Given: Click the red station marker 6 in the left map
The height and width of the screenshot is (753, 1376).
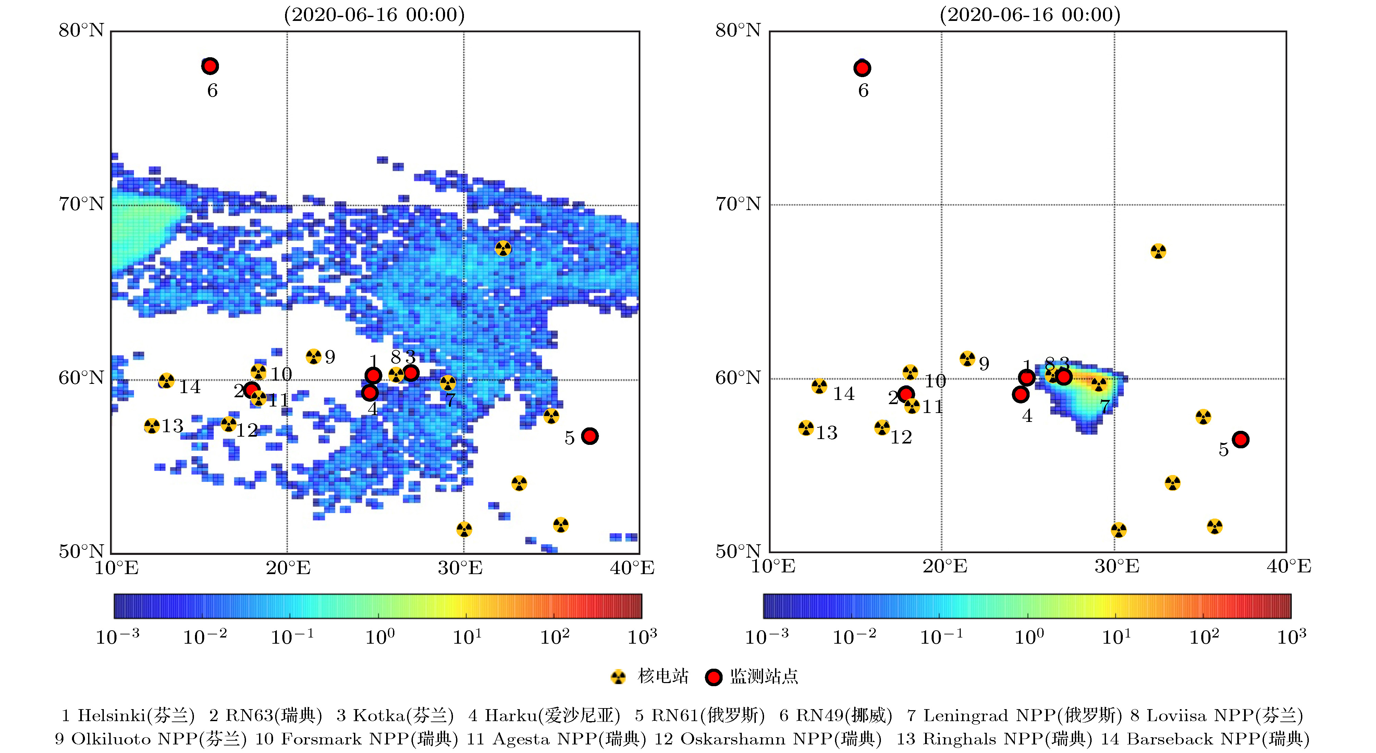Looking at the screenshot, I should tap(210, 66).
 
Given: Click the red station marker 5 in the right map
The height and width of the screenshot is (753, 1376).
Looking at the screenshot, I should tap(1240, 439).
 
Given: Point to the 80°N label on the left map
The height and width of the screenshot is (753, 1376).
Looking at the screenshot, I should tap(81, 30).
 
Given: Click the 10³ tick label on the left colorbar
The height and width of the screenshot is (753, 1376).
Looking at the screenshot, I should tap(641, 636).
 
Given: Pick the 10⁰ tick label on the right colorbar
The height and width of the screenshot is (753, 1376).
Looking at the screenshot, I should tap(1029, 636).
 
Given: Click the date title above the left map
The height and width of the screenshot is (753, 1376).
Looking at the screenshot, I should tap(374, 14).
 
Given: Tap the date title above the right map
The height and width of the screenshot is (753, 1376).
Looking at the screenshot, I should tap(1030, 14).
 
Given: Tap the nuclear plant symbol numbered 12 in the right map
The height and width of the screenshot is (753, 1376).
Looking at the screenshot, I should tap(882, 427).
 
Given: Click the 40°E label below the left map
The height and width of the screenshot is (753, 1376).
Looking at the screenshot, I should tap(632, 568).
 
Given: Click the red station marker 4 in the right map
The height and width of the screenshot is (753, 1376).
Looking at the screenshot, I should tap(1020, 394).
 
